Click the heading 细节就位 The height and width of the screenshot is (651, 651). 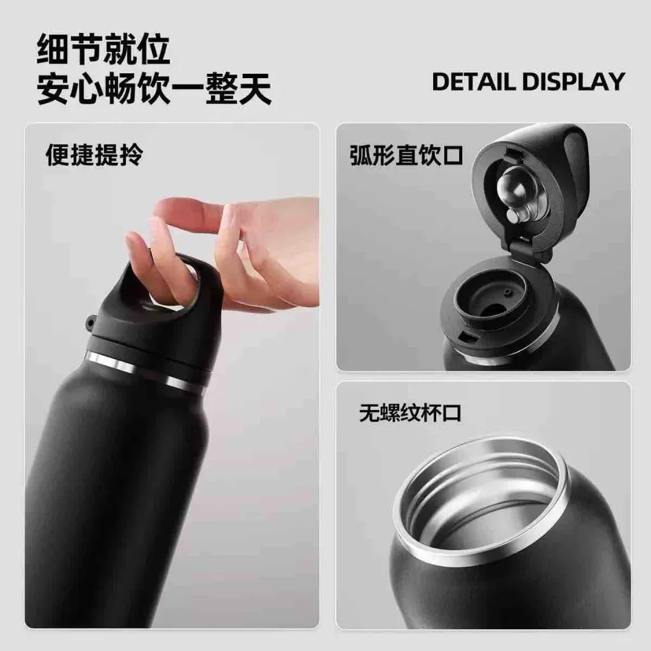(104, 50)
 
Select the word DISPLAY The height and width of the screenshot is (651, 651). (573, 81)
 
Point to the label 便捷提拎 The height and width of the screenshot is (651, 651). (94, 155)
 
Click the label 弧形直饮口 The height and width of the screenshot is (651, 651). (406, 155)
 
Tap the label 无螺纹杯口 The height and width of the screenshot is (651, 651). (410, 413)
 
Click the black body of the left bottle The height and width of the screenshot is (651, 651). (112, 498)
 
